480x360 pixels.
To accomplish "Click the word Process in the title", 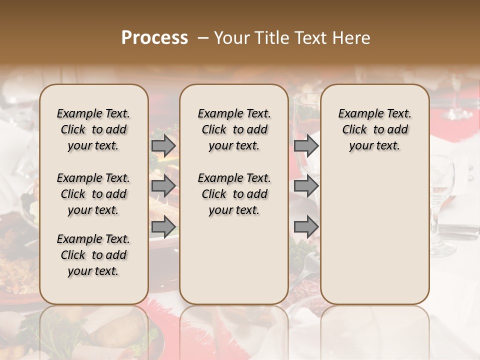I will (x=154, y=38).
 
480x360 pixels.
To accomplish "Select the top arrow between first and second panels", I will (x=163, y=146).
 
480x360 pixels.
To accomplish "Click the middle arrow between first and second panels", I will (x=163, y=186).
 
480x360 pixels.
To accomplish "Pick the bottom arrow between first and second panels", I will (x=163, y=227).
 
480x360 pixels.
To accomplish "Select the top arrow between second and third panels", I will (x=306, y=146).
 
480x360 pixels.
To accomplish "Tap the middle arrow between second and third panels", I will (x=306, y=186).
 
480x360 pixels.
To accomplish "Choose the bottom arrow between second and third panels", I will (x=306, y=227).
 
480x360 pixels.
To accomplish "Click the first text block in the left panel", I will (x=93, y=129).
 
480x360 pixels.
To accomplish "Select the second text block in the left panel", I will (x=93, y=194).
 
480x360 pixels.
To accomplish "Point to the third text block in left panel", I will (x=93, y=255).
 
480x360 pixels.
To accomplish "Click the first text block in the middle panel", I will (x=234, y=129).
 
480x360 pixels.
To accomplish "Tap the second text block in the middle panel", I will (x=234, y=194).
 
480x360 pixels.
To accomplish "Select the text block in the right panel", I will (x=374, y=129).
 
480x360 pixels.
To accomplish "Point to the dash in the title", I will (x=202, y=38).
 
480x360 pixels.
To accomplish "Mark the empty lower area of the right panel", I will (x=374, y=235).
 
